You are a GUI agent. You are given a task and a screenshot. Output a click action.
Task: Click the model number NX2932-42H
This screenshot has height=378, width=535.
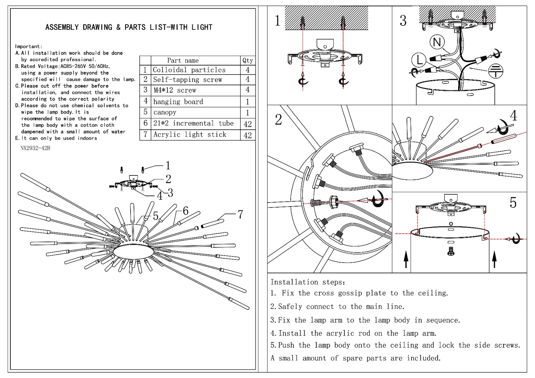(35, 148)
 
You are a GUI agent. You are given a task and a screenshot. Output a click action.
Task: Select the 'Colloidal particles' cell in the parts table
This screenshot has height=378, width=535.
(189, 70)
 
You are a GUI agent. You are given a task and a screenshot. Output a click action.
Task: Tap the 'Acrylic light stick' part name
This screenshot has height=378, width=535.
(190, 134)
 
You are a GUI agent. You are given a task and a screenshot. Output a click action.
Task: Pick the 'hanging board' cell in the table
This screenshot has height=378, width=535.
(178, 102)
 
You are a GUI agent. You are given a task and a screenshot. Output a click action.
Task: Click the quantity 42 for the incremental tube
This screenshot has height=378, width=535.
(247, 124)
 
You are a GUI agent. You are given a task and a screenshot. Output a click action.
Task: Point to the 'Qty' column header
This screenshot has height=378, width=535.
(247, 60)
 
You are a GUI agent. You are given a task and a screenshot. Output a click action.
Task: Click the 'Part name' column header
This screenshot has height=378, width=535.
(183, 60)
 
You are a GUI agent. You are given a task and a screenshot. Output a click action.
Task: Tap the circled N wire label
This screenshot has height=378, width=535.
(437, 42)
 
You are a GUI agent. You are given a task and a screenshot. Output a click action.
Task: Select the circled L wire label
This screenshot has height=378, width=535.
(419, 60)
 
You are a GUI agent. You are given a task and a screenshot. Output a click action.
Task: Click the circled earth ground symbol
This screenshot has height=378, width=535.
(496, 71)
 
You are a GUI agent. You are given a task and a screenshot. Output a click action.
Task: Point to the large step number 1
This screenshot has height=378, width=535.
(277, 20)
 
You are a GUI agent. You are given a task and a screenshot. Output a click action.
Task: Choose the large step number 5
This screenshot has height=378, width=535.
(513, 203)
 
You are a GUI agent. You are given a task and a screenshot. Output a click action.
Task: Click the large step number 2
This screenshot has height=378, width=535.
(278, 119)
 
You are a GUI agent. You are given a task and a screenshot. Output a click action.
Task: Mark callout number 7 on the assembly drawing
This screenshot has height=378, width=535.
(240, 214)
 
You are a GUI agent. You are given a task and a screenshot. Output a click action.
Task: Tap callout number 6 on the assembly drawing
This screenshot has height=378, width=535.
(186, 211)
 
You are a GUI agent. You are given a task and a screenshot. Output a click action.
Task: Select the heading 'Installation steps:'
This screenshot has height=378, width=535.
(308, 282)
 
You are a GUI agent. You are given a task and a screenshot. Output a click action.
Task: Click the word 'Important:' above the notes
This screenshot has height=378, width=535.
(28, 46)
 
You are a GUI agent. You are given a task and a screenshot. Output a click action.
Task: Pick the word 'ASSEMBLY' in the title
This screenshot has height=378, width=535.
(62, 27)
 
